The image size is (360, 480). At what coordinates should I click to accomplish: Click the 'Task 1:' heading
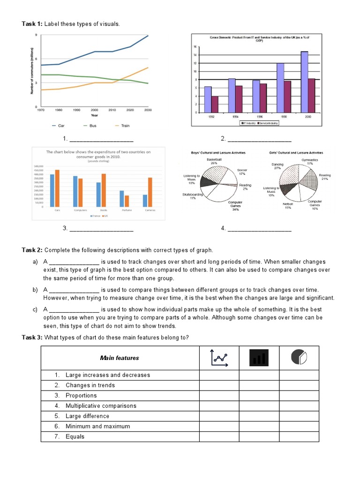coord(32,24)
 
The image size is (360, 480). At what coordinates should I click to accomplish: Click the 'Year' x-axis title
coord(94,115)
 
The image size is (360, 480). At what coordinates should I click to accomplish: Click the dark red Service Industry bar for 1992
coord(215,104)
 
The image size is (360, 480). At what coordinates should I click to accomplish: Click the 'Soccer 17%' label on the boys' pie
coord(242,172)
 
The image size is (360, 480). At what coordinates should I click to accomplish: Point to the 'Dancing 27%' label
coord(277,166)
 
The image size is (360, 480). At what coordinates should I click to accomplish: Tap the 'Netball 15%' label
coord(287,206)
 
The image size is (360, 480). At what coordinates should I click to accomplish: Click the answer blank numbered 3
coord(101,229)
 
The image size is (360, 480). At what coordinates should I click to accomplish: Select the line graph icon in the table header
coord(219,358)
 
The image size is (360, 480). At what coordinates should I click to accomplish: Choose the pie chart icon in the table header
coord(299,358)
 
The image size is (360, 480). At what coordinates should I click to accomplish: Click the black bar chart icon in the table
coord(259,358)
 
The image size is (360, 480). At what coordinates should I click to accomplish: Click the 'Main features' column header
coord(120,358)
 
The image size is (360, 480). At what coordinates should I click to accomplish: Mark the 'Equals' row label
coord(75,436)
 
